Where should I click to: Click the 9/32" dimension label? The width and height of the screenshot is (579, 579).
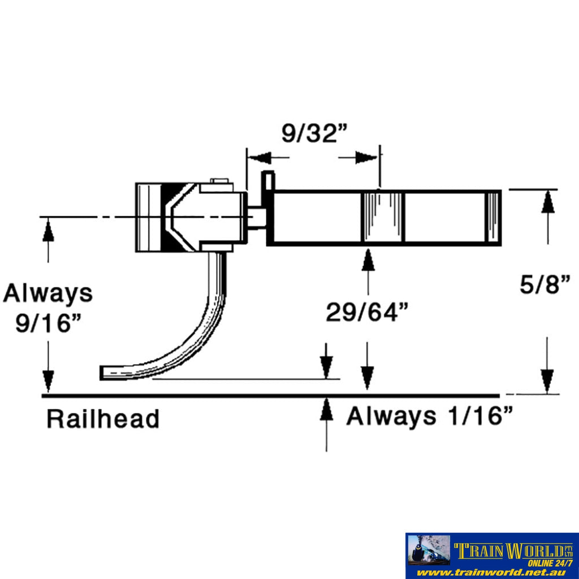314,133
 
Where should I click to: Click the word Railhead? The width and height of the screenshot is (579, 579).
102,420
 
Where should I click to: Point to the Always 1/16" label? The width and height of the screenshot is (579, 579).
429,417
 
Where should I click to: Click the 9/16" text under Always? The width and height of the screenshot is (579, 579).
48,325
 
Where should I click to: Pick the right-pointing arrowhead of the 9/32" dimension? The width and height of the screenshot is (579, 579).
366,158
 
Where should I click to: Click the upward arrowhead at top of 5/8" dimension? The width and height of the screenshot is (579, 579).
547,202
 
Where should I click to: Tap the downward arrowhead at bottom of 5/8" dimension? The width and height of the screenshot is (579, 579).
547,381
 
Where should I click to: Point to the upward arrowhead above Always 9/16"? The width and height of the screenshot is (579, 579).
48,230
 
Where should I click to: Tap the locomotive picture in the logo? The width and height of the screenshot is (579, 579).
429,550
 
